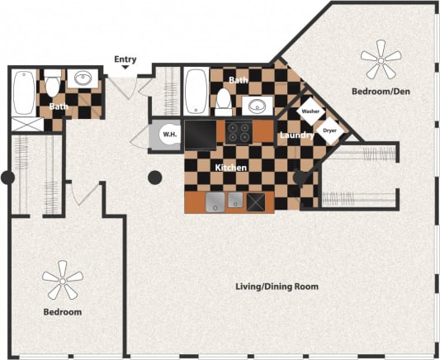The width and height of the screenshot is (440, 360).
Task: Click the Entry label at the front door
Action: pos(125,59)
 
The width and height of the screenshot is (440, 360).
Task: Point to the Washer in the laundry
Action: pos(310,111)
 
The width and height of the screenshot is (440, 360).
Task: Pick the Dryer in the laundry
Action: pos(329,130)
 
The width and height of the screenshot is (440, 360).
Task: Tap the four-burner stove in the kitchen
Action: pos(239,131)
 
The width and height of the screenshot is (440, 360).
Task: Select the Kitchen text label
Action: pos(230,168)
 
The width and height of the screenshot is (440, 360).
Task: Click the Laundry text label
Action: pos(295,134)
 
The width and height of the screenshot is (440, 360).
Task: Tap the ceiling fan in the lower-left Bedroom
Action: pos(63,280)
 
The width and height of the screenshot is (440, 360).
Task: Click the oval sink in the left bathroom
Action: pos(83,80)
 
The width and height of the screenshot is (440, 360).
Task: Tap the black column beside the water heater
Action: pos(154,177)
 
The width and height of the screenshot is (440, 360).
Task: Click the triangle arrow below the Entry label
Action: pos(125,70)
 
